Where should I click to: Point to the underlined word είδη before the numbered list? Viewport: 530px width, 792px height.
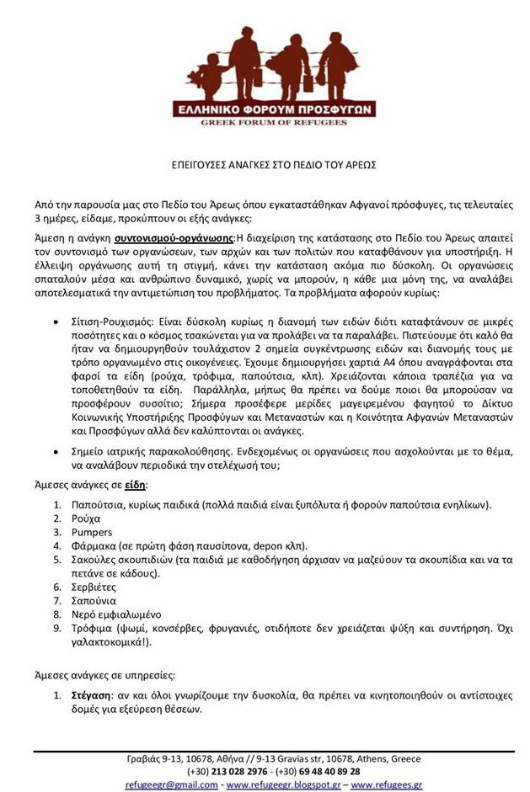pyautogui.click(x=135, y=486)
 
